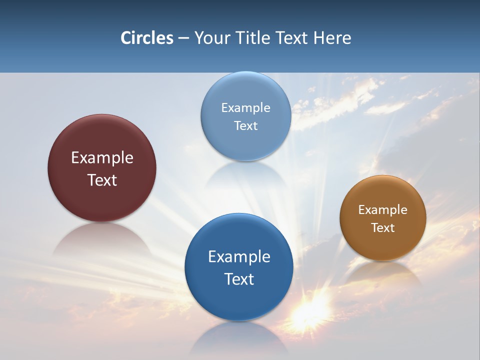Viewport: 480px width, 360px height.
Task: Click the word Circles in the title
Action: (x=146, y=38)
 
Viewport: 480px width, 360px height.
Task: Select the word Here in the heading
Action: (x=332, y=38)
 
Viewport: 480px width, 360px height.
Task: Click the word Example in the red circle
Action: (x=102, y=157)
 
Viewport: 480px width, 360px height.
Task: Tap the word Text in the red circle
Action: (x=102, y=180)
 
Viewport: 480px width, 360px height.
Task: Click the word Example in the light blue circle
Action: (x=246, y=107)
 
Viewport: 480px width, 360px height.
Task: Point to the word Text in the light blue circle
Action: (x=246, y=125)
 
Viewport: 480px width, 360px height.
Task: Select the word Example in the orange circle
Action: (x=383, y=209)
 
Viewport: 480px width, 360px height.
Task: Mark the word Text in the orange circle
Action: (x=383, y=227)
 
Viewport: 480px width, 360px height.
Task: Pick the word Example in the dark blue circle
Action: (x=239, y=256)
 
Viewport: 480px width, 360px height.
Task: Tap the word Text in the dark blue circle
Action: (x=239, y=279)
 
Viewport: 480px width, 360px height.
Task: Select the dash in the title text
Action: (x=183, y=38)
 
